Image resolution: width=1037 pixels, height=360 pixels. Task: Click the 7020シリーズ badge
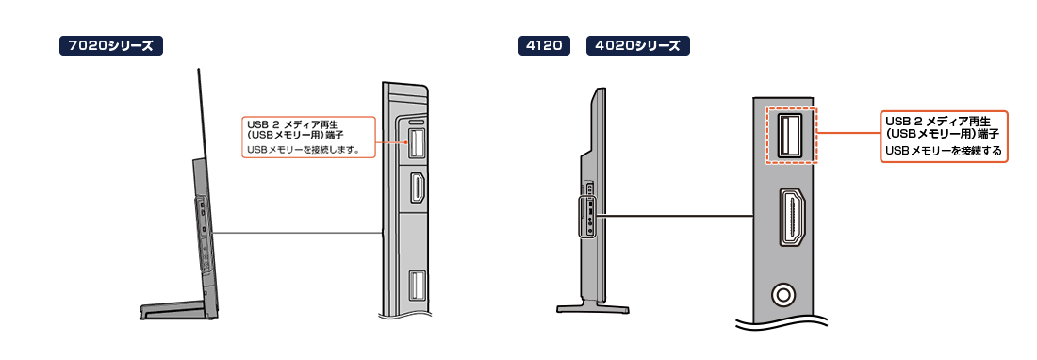111,45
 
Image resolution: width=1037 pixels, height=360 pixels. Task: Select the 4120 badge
544,45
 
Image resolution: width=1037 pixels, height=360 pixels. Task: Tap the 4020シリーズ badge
638,45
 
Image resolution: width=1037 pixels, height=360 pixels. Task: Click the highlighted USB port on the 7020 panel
416,143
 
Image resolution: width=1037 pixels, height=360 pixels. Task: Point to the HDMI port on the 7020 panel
418,187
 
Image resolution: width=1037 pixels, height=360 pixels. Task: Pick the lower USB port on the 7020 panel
417,286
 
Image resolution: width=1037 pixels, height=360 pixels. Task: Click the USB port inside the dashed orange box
788,136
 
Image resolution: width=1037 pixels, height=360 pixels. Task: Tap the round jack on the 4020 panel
784,294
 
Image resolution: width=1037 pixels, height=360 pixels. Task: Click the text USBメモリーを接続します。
303,150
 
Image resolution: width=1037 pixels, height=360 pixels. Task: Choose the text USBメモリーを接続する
943,152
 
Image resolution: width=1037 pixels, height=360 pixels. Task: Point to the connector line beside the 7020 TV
298,232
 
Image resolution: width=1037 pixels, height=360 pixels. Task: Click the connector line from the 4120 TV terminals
675,215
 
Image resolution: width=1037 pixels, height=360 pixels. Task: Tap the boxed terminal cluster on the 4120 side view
587,217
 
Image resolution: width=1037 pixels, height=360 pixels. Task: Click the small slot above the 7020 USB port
417,123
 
